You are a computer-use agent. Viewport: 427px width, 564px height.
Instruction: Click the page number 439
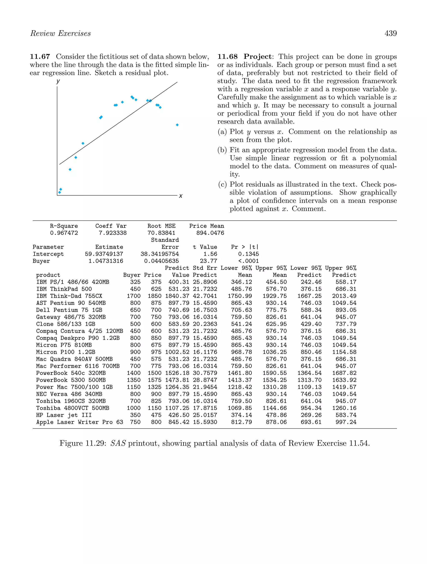click(x=390, y=33)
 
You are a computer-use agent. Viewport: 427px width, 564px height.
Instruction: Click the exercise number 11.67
click(x=40, y=57)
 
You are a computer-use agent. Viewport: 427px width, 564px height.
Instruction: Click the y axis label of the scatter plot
click(x=58, y=81)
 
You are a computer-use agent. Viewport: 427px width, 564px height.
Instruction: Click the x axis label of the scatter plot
click(x=181, y=196)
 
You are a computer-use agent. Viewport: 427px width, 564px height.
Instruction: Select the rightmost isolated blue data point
click(x=177, y=125)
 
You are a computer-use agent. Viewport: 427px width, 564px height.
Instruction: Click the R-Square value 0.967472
click(x=64, y=233)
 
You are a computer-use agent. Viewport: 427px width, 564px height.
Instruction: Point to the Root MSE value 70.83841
click(x=161, y=233)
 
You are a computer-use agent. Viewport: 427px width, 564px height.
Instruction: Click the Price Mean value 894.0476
click(x=210, y=233)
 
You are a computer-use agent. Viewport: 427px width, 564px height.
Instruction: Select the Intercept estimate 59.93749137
click(x=104, y=254)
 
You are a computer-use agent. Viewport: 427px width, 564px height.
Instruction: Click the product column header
click(x=48, y=275)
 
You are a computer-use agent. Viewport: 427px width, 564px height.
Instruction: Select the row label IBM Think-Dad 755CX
click(x=69, y=296)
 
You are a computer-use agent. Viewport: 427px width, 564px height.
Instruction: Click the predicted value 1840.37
click(x=177, y=296)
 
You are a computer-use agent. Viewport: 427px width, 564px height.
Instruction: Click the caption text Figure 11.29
click(x=83, y=443)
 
